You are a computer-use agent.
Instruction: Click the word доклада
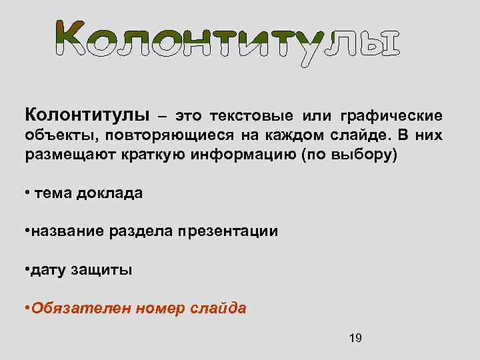coord(109,193)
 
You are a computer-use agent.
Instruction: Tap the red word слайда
coord(220,309)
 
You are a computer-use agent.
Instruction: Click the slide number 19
coord(355,338)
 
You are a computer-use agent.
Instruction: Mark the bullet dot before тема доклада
coord(27,193)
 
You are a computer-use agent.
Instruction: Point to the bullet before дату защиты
coord(27,269)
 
